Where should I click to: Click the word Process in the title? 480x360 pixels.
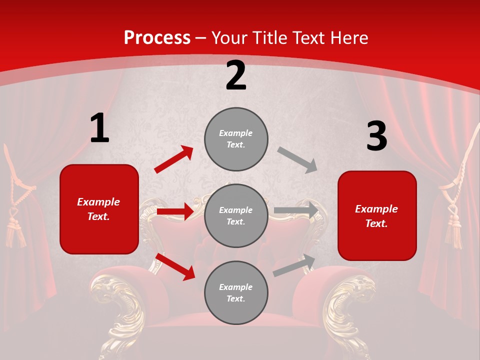click(157, 38)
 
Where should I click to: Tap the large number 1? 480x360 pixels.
click(99, 128)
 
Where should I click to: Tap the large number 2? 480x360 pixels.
click(236, 75)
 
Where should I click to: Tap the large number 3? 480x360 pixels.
click(376, 136)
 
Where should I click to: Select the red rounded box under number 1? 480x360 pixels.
click(99, 209)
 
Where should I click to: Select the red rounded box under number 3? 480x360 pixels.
click(377, 215)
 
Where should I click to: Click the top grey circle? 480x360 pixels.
click(236, 139)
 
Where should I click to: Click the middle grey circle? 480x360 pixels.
click(236, 215)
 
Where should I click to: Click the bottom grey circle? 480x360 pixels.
click(236, 292)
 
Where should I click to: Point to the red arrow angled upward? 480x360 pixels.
click(174, 159)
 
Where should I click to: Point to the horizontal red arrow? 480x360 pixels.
click(175, 211)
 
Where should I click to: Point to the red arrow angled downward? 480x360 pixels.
click(175, 266)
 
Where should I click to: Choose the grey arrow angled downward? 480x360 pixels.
click(297, 159)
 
